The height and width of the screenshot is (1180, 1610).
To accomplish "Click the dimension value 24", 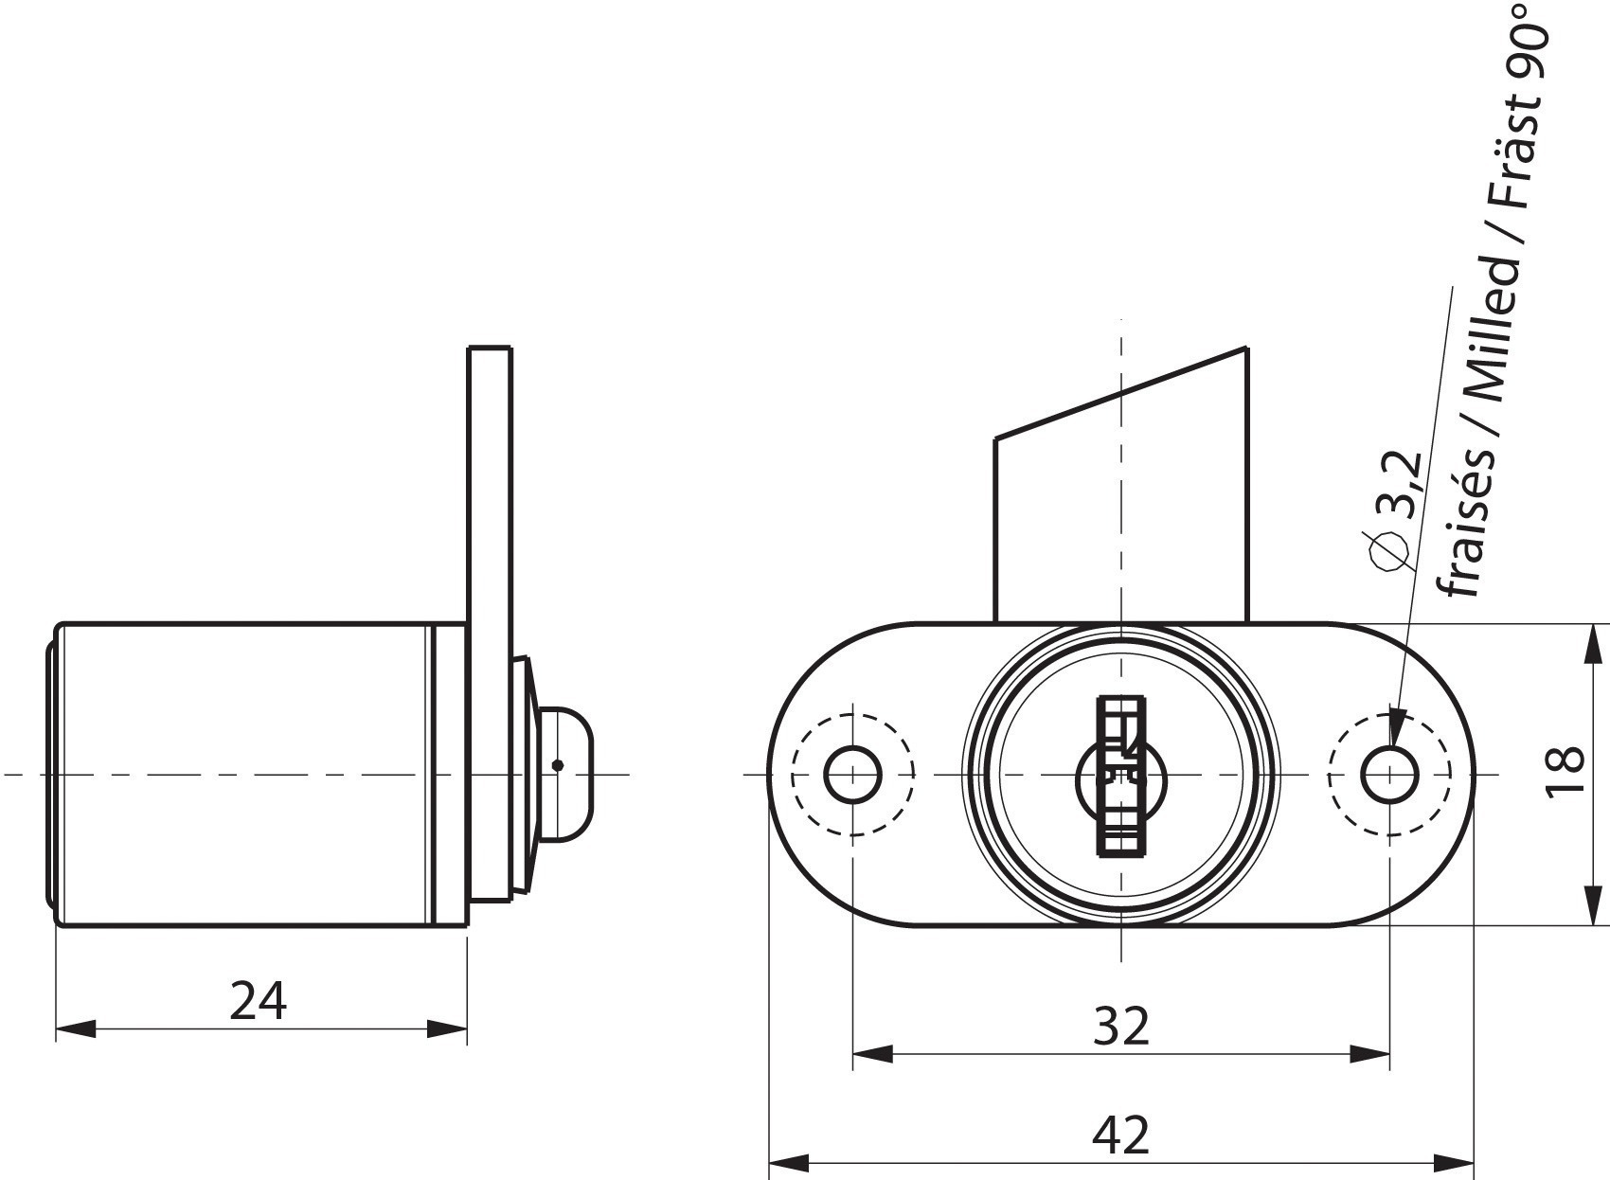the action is click(x=258, y=1000).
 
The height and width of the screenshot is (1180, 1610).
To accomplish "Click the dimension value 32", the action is click(x=1120, y=1027).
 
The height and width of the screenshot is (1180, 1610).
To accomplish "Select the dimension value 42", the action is click(x=1120, y=1135).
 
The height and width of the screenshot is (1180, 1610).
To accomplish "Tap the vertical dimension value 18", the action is click(x=1564, y=770).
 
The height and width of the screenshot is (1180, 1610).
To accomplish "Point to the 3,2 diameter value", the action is click(x=1398, y=484).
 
